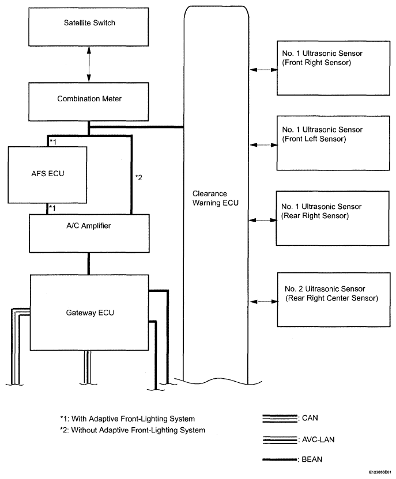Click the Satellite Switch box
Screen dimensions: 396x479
coord(89,27)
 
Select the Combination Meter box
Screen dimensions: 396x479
coord(89,102)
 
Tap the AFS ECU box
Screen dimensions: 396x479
coord(47,175)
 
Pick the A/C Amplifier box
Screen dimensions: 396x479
coord(89,233)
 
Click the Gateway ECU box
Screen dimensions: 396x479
coord(89,312)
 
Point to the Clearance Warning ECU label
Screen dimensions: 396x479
coord(215,198)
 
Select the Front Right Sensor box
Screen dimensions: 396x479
coord(333,68)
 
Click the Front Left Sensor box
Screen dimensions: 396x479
coord(333,143)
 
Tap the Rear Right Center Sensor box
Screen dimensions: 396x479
coord(334,300)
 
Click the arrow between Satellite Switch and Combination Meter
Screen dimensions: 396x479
coord(89,64)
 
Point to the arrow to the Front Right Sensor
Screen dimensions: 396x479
coord(263,70)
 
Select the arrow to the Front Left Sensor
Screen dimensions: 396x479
coord(263,145)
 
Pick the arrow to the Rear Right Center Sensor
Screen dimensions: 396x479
coord(263,302)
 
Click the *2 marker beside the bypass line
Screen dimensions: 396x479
coord(139,177)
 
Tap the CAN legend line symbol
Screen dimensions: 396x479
coord(280,419)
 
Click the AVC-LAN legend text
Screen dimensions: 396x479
coord(318,440)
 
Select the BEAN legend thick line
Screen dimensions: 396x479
coord(280,459)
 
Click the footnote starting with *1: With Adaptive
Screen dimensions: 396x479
coord(127,419)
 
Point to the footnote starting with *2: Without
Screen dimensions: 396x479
coord(133,430)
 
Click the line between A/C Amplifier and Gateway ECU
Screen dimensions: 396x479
coord(89,264)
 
